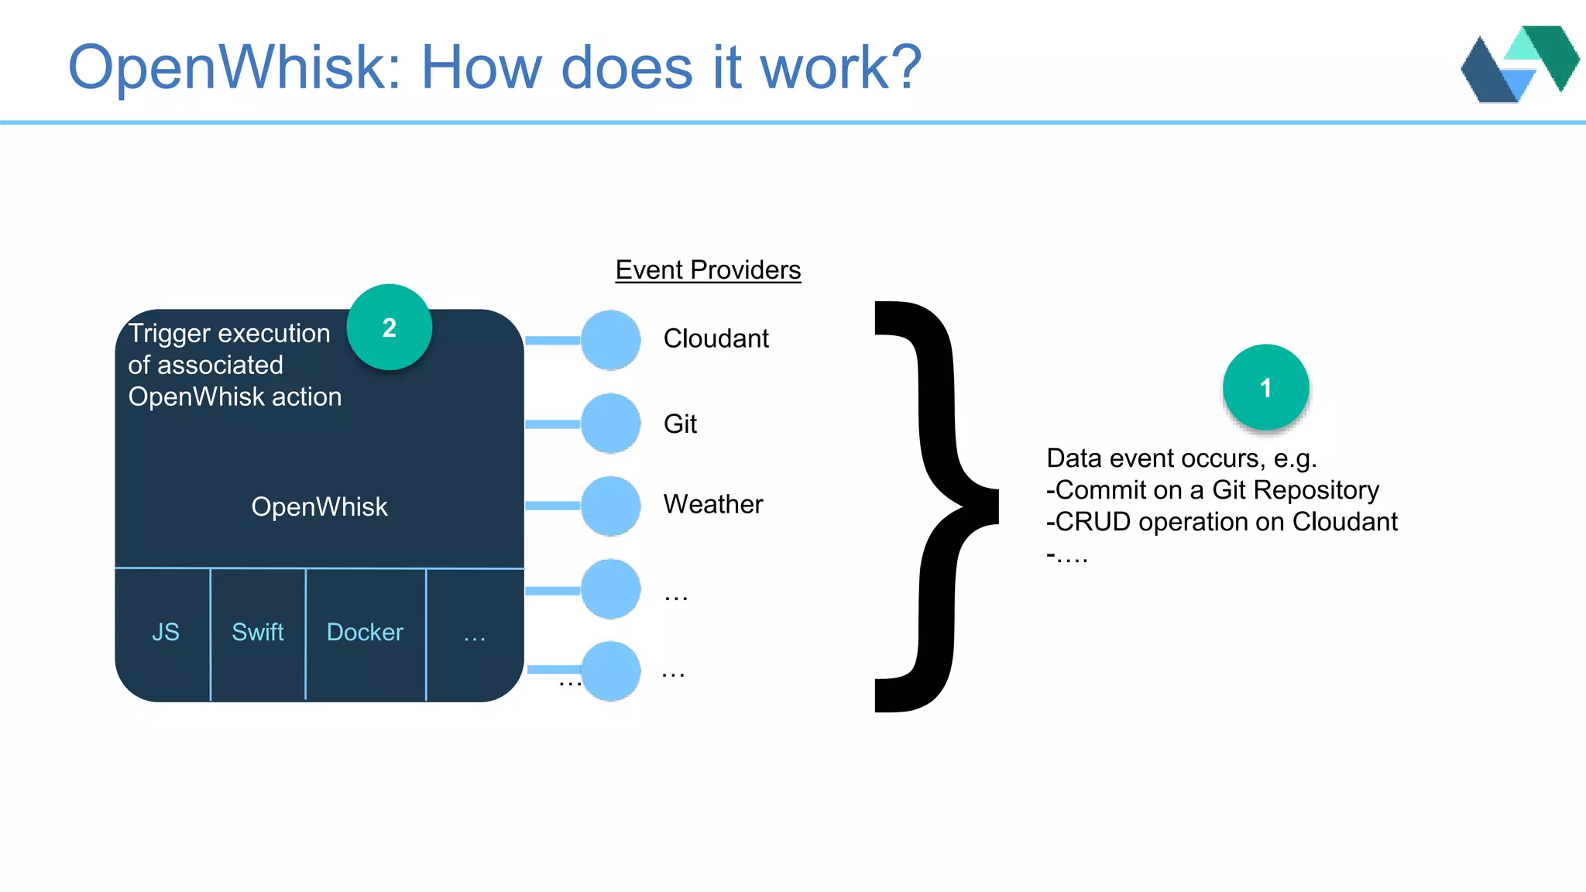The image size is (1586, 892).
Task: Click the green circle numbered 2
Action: [389, 328]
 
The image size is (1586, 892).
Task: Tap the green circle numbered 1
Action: [1265, 387]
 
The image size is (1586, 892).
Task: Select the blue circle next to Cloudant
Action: [610, 340]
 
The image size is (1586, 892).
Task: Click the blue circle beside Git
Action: [610, 424]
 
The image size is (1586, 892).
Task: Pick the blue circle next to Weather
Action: [610, 506]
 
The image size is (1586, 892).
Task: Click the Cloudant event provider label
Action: [716, 338]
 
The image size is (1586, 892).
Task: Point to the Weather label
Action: [712, 504]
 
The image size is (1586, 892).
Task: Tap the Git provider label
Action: [680, 424]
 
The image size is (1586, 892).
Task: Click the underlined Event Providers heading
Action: [708, 269]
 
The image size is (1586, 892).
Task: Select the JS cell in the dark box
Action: [165, 632]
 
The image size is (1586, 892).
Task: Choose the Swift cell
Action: [258, 632]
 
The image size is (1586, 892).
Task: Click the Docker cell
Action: [365, 632]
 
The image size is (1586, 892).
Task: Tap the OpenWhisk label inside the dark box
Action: [319, 506]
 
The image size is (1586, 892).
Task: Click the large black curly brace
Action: [937, 506]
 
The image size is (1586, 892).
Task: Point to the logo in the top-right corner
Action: [1519, 65]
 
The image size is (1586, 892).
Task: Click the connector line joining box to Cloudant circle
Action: [553, 341]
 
